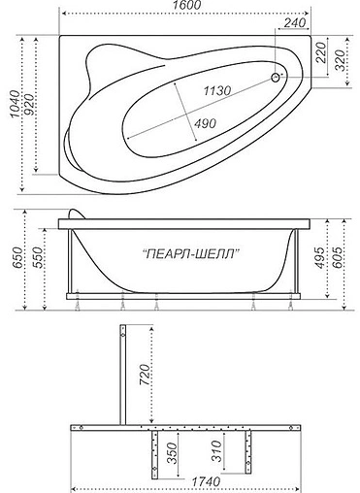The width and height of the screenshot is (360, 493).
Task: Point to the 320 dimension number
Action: coord(343,62)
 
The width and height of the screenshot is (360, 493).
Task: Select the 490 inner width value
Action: coord(204,123)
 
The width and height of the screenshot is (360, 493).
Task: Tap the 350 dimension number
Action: coord(172,452)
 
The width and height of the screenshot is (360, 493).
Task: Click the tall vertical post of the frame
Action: coord(121,373)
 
